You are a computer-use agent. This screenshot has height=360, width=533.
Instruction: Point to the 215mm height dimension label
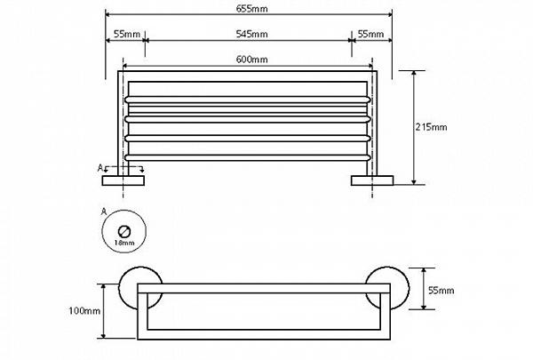432,127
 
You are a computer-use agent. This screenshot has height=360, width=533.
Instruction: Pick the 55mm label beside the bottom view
441,290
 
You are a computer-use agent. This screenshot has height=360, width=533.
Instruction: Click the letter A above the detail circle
104,212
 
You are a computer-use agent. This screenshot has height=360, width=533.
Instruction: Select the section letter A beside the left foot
99,167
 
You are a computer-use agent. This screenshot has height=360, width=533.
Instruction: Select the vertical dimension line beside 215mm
415,127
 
